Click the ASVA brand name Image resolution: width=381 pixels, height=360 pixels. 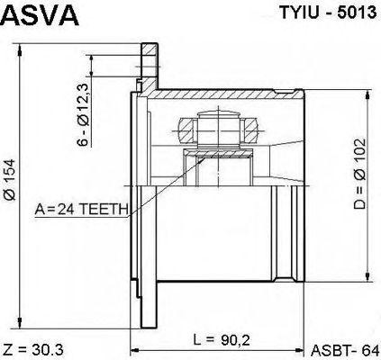click(41, 16)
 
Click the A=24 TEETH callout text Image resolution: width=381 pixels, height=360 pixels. click(81, 210)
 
